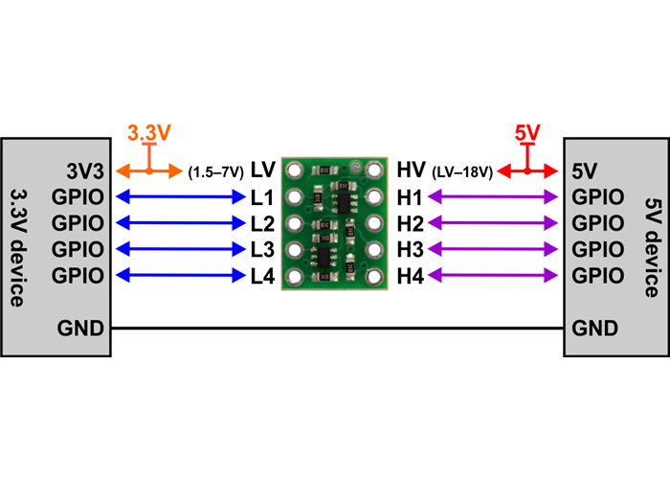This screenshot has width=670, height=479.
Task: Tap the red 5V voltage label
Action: click(527, 134)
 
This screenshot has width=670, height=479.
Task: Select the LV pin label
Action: click(263, 171)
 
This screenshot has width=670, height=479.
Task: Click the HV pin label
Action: click(411, 171)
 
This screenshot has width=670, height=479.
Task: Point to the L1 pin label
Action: click(262, 198)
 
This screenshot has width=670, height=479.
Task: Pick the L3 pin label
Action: click(262, 250)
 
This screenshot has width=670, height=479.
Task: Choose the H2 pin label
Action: click(410, 224)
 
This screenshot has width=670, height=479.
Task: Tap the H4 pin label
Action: click(410, 276)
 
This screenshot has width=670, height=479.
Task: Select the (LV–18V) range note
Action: click(463, 172)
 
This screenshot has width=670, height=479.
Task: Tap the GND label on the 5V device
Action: click(594, 328)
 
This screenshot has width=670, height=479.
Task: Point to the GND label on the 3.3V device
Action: click(80, 328)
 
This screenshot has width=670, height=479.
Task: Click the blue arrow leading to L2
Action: click(179, 224)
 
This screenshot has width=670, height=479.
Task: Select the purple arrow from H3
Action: click(493, 250)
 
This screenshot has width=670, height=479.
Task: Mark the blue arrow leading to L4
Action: click(179, 276)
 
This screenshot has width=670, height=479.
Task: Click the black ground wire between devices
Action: click(335, 328)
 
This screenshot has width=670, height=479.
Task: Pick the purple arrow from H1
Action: click(493, 198)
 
